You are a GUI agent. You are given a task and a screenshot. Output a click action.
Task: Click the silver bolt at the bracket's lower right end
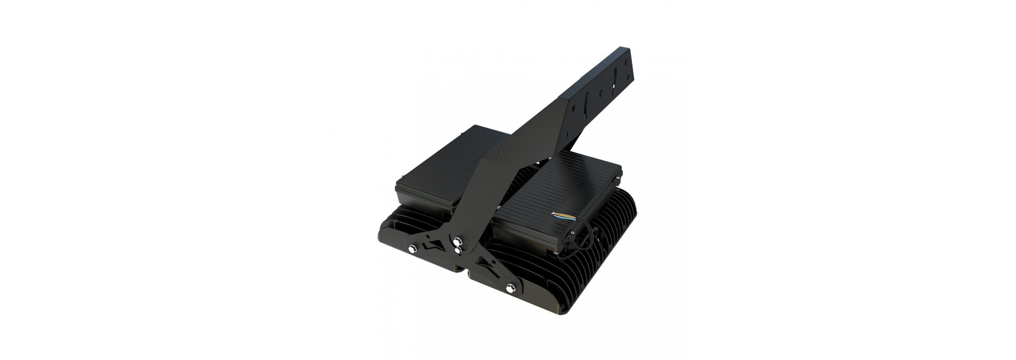pos(511,288)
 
